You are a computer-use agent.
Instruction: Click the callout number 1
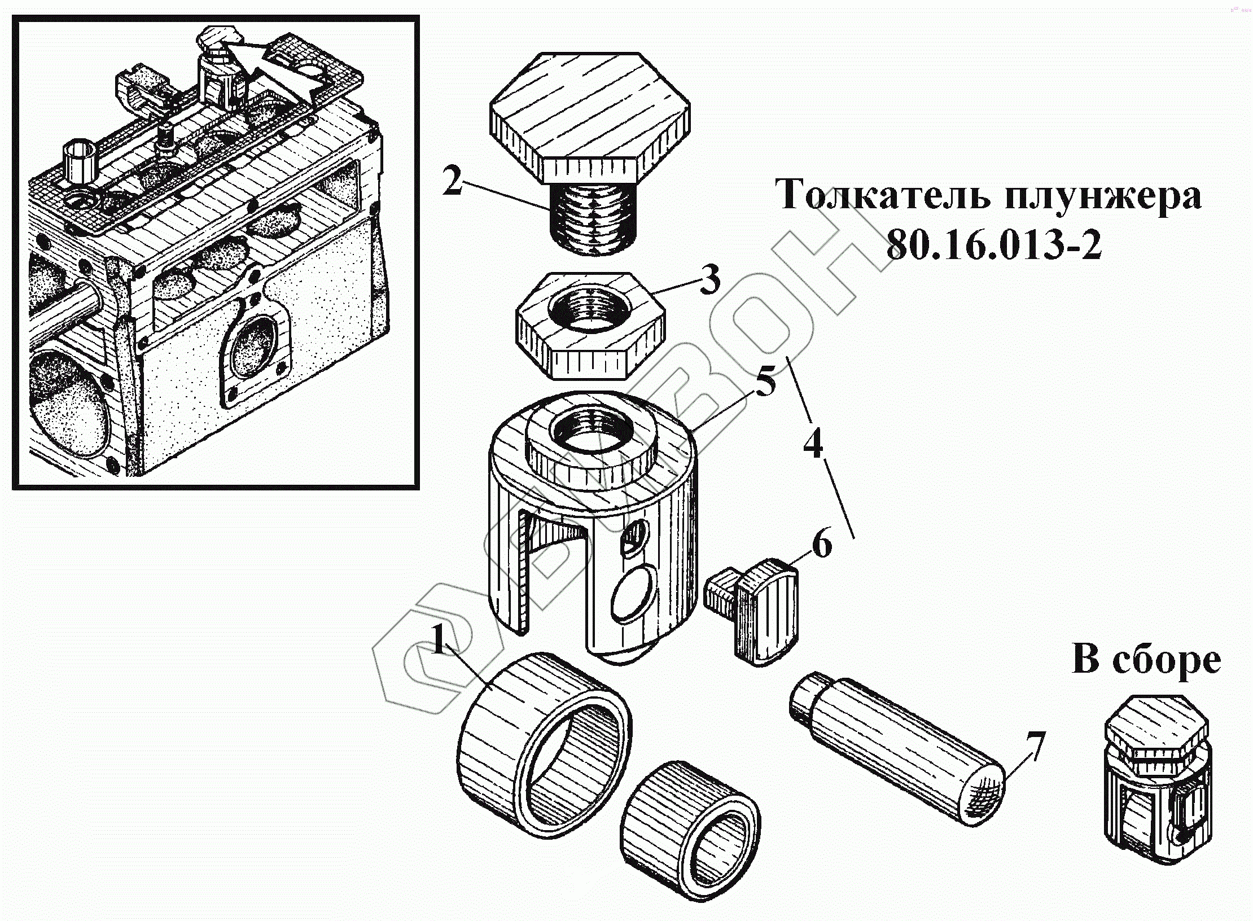(440, 640)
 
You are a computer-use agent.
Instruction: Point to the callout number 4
(813, 445)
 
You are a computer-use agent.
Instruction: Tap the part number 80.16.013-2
(993, 245)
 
